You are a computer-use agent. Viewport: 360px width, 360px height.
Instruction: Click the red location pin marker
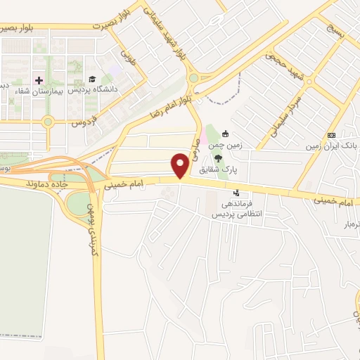tap(181, 165)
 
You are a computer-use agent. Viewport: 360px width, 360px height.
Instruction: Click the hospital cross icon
tap(39, 79)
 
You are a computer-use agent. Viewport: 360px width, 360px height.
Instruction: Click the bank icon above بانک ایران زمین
tap(331, 135)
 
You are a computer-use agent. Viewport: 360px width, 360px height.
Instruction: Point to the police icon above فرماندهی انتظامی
tap(236, 192)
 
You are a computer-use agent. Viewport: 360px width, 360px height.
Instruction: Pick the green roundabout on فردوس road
tap(48, 122)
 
